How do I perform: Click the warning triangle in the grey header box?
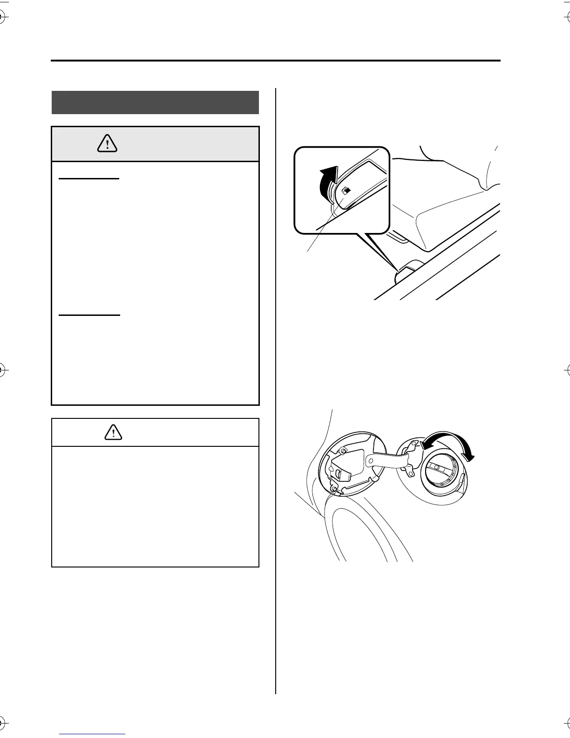coord(107,144)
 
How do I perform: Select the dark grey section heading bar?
coord(155,102)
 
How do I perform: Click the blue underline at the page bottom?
coord(93,734)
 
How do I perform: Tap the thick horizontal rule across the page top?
coord(276,61)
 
